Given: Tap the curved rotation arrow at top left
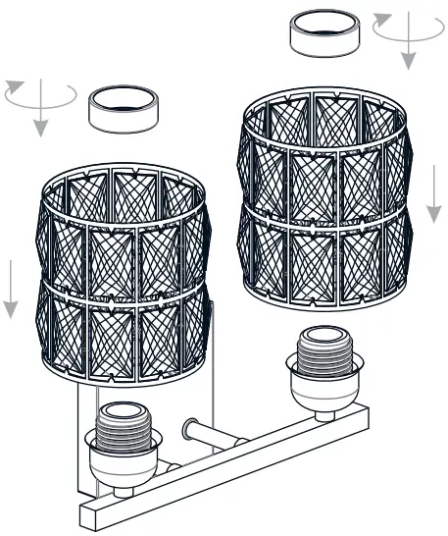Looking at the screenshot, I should click(x=39, y=96).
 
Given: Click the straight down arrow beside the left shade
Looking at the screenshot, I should click(x=11, y=290).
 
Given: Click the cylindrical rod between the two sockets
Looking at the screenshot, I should click(x=211, y=432).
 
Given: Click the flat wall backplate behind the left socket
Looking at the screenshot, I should click(x=86, y=432).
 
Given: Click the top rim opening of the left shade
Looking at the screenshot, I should click(x=123, y=182).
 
